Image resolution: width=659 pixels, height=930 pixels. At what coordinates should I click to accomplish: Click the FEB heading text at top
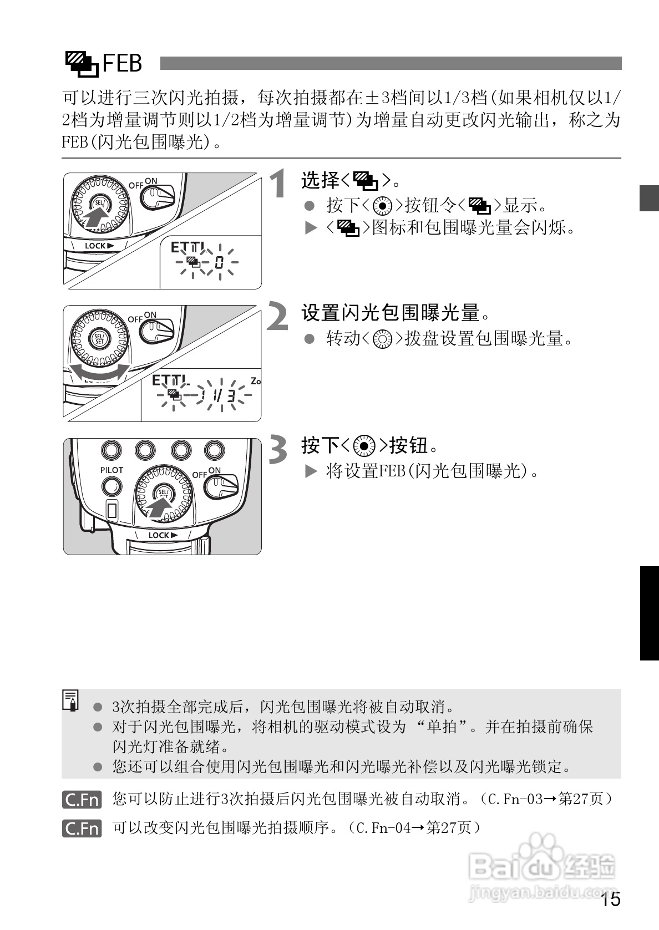(x=123, y=63)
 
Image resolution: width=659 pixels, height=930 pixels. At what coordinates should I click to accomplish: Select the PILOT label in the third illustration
(x=111, y=470)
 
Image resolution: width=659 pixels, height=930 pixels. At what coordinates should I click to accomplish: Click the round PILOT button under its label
(x=111, y=487)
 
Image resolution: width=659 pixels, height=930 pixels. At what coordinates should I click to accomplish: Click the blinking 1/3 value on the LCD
(x=222, y=395)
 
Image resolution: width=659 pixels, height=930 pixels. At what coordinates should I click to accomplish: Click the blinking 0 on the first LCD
(x=219, y=262)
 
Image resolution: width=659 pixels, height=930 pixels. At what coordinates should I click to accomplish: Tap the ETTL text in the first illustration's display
(x=187, y=247)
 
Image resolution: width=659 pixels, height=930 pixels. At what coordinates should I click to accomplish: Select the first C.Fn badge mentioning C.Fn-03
(x=82, y=800)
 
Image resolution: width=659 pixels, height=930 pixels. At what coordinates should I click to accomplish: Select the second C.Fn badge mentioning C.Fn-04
(x=82, y=829)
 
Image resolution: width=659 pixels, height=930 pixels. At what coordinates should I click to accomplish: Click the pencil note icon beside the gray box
(x=71, y=700)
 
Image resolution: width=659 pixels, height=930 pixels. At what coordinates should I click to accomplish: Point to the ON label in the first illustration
(x=151, y=181)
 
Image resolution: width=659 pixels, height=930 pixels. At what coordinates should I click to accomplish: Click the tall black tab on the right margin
(x=649, y=613)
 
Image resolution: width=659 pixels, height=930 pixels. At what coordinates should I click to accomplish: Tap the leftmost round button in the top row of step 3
(x=112, y=450)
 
